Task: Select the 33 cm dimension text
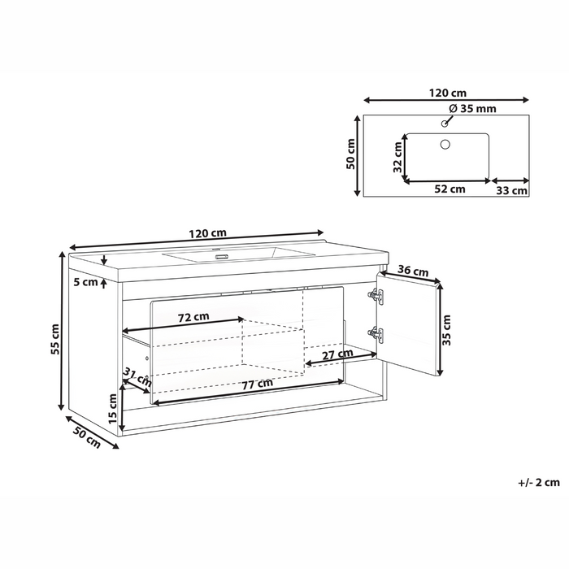click(x=512, y=191)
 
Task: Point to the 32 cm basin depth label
click(x=397, y=156)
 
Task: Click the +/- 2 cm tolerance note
click(x=538, y=482)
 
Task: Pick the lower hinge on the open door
click(x=375, y=333)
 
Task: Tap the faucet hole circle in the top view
click(x=444, y=124)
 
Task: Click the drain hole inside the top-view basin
click(x=445, y=144)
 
